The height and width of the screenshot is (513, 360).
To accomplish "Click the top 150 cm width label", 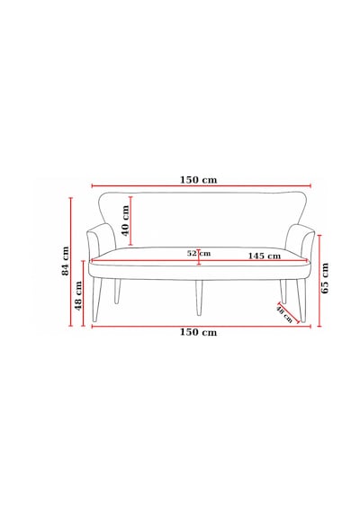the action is tap(198, 180).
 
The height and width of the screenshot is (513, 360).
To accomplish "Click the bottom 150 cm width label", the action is tap(198, 332).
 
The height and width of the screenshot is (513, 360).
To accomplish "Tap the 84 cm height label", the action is tap(66, 261).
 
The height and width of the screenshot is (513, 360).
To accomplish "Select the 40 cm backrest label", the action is tap(126, 220).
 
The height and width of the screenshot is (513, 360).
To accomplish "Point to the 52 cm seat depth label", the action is tap(199, 253).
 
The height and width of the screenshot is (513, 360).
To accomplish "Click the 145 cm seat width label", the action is tap(264, 256).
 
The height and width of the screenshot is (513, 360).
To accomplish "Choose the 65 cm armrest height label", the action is tap(325, 278).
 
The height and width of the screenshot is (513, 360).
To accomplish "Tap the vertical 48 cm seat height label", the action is tap(78, 295).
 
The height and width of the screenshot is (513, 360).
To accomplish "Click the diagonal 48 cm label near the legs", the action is tap(283, 314).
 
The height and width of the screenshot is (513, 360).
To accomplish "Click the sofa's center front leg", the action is tap(199, 298).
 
